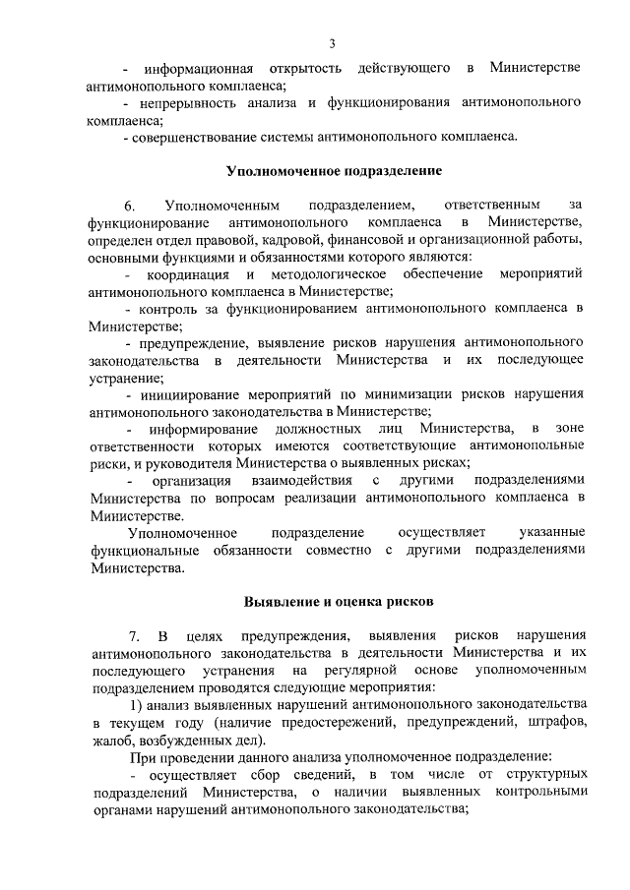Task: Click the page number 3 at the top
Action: click(333, 42)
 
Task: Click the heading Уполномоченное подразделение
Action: click(333, 170)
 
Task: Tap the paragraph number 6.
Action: click(128, 206)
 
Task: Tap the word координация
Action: click(188, 273)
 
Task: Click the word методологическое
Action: click(330, 273)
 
